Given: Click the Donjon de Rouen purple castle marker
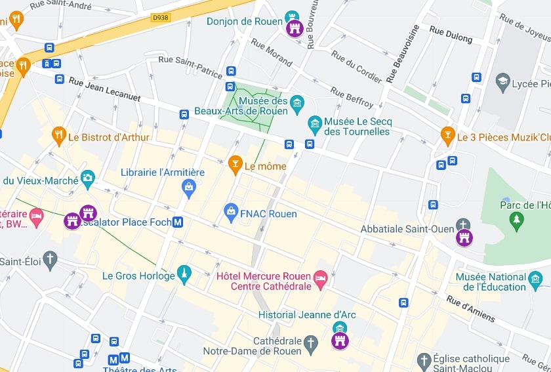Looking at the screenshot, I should pos(295,28).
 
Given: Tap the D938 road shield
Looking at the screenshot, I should pos(160,18).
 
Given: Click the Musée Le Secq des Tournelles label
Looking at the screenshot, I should pos(357,127).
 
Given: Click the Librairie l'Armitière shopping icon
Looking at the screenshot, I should pos(189,188).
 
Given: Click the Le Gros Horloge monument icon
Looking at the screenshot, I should pos(184,275).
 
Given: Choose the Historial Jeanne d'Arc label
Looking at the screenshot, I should pos(307,315).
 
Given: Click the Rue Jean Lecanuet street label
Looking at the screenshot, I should pos(105,90).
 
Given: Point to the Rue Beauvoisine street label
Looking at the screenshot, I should pos(401,54).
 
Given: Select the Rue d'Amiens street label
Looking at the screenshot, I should pos(471,308).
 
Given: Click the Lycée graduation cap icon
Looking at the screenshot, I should pos(503,83).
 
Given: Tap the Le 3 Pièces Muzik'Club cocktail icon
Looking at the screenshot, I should pos(448,136).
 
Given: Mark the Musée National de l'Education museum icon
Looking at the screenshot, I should pos(535,281).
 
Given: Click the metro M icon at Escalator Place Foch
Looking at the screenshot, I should pos(178,222).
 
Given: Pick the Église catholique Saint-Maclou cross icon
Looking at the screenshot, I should pos(424,360).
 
